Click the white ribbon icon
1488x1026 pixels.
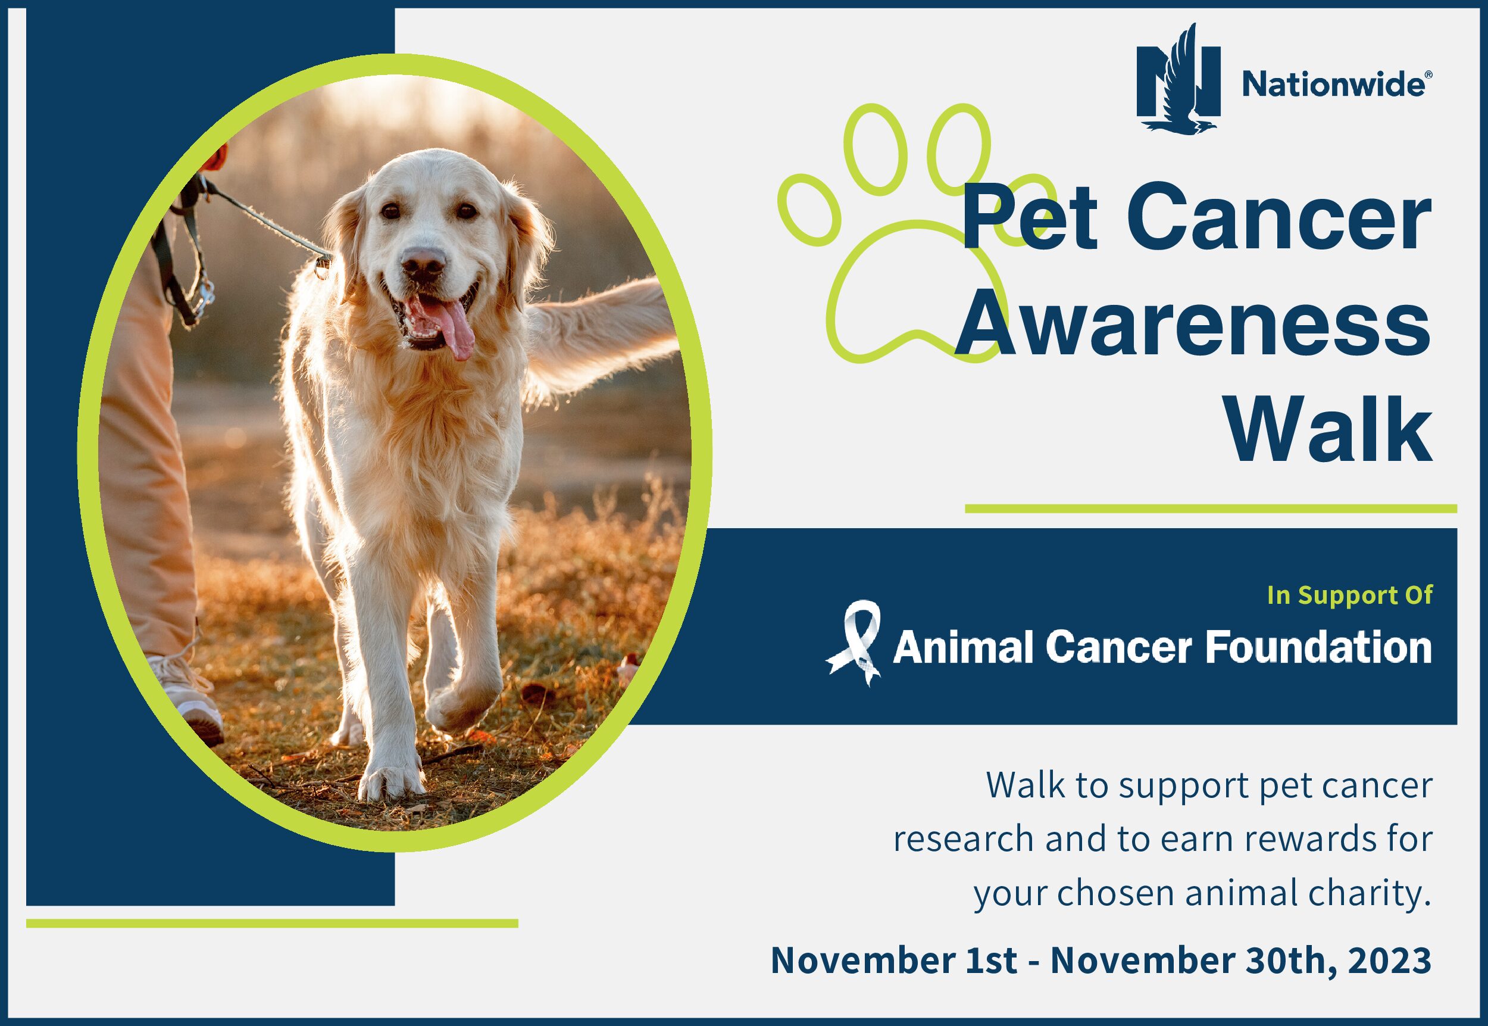tap(854, 643)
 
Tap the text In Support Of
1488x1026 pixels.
tap(1350, 595)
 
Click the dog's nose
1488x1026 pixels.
tap(423, 262)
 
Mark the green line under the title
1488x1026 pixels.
tap(1211, 509)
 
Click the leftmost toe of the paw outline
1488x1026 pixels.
tap(809, 210)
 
